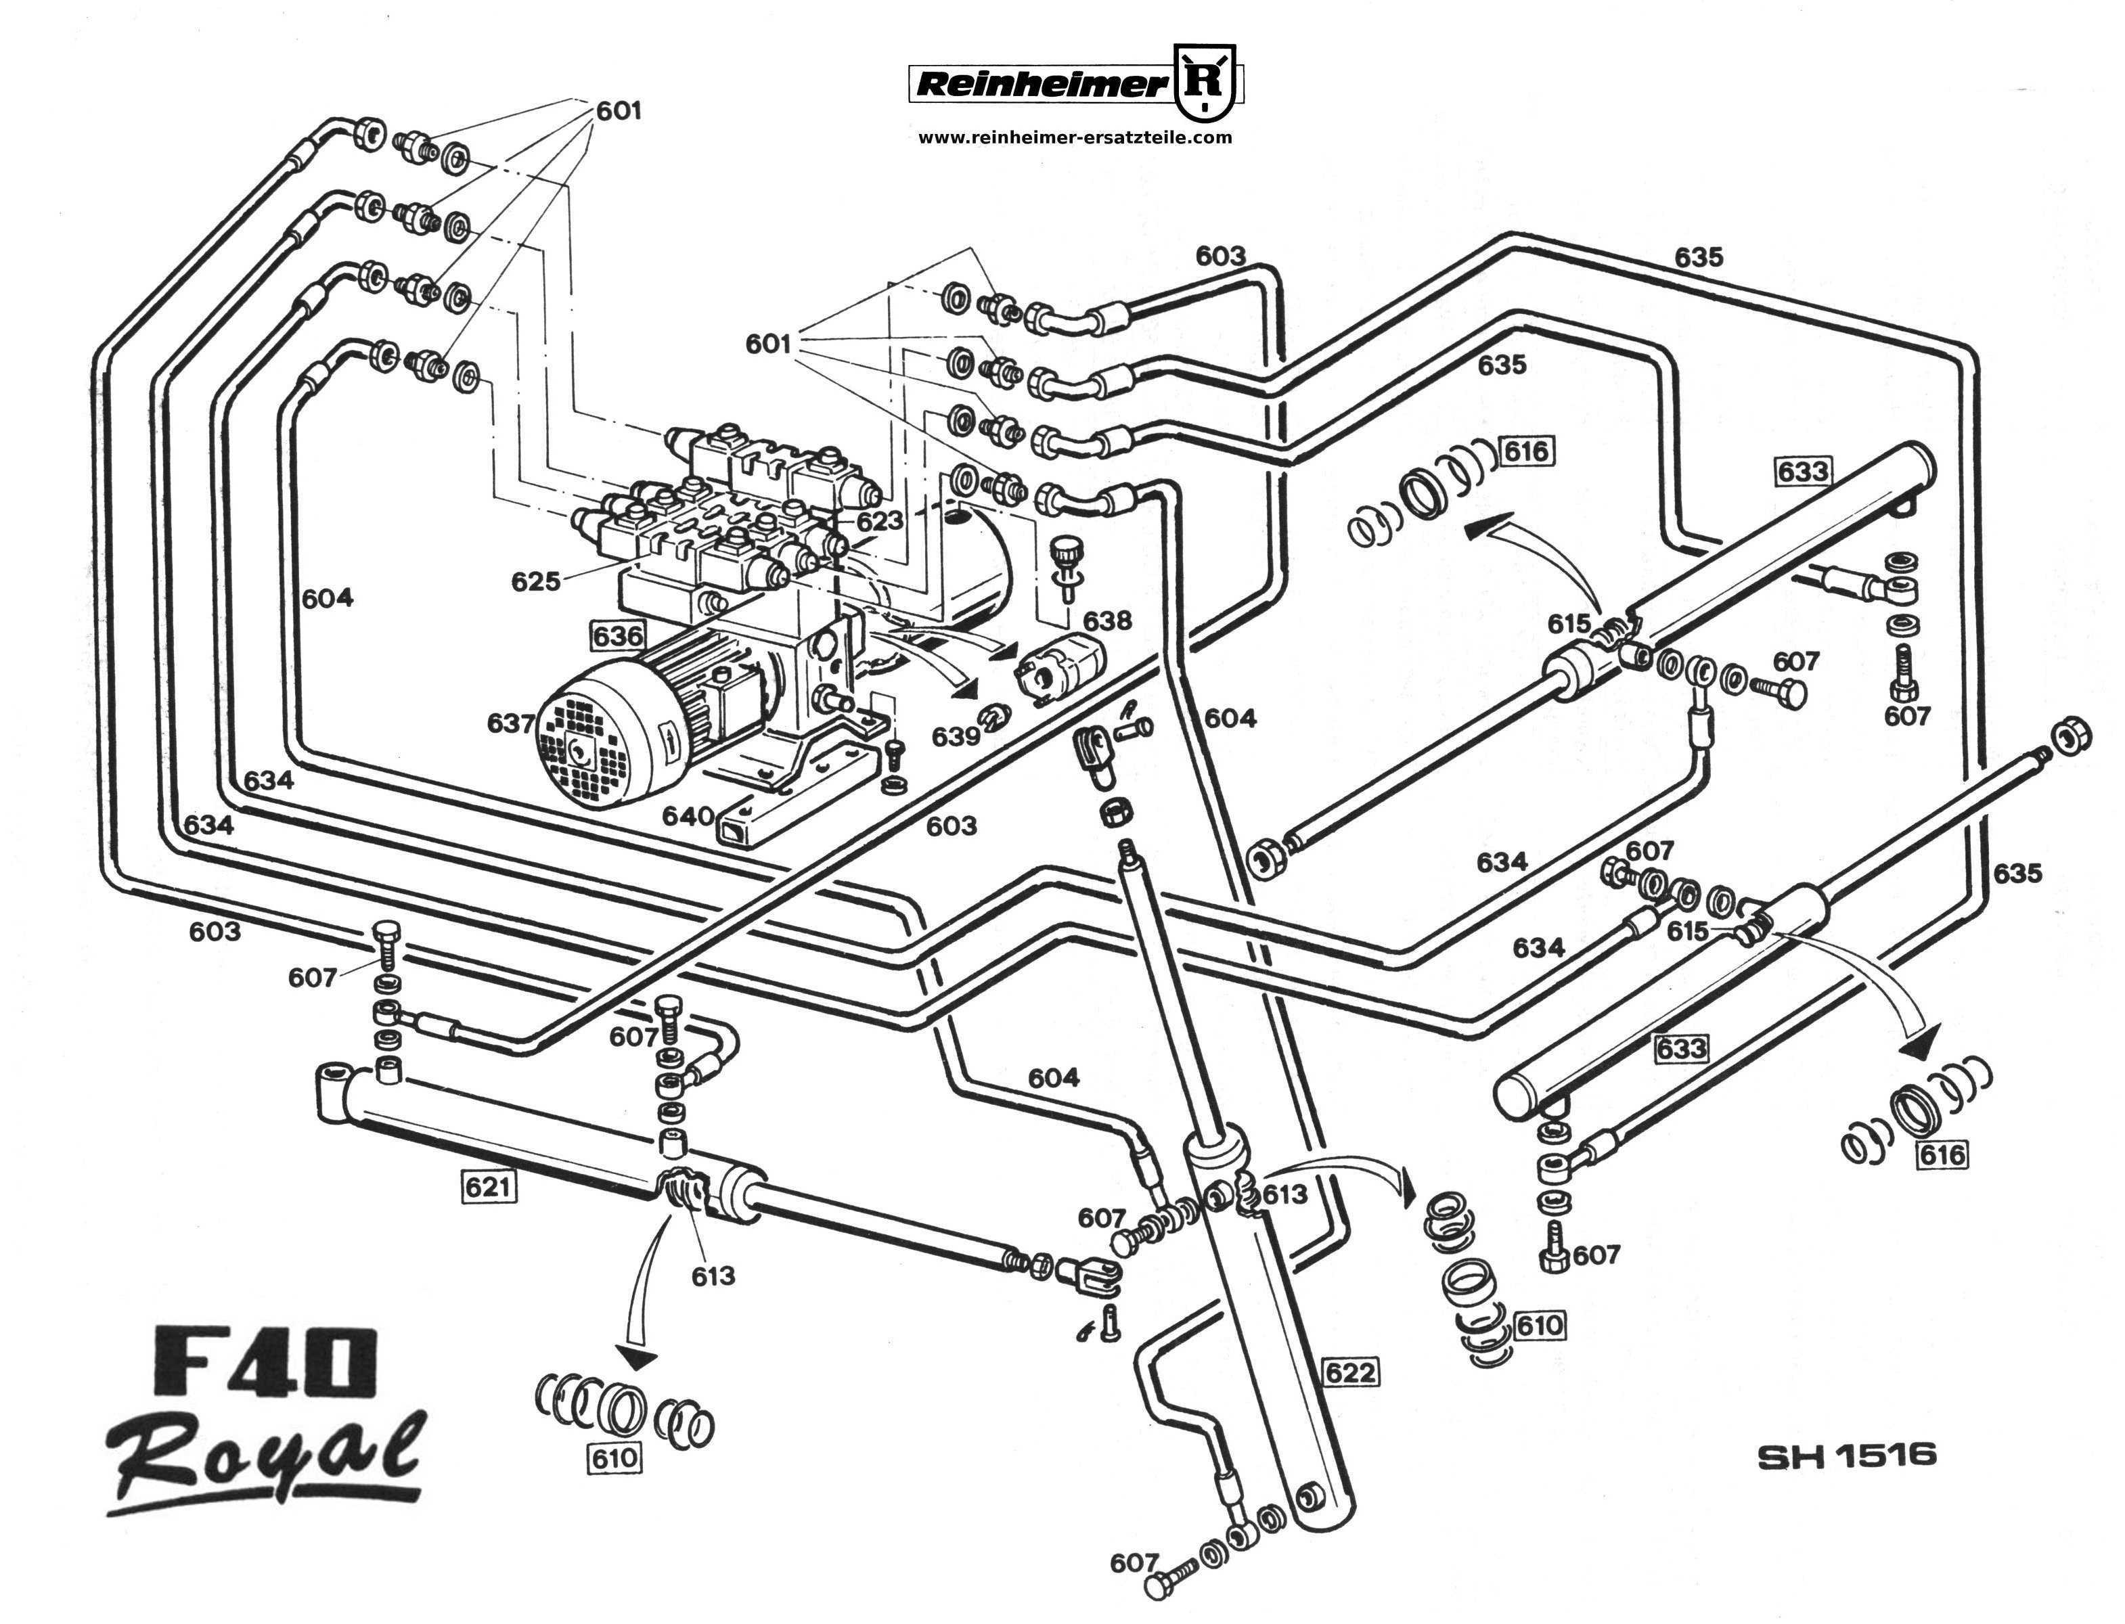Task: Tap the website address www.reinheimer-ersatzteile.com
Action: pos(1074,137)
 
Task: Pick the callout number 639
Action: pos(955,737)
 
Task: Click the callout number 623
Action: pos(880,521)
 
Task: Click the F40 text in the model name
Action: pos(264,1361)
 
